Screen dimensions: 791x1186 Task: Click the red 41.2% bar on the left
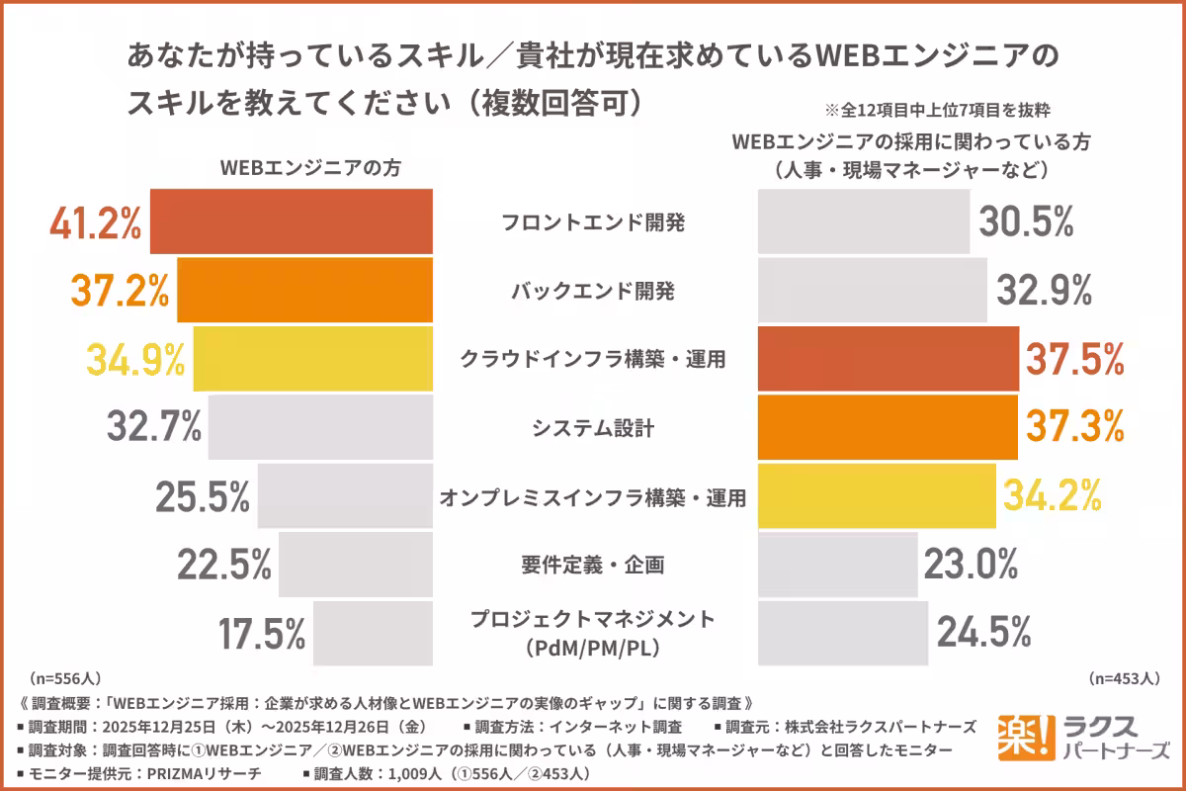click(291, 221)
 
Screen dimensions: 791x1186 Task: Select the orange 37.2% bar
click(304, 291)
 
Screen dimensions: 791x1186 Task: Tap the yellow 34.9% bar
click(312, 359)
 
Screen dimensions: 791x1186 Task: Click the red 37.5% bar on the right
click(888, 359)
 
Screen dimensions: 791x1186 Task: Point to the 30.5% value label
click(1026, 222)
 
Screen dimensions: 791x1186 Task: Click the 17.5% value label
click(261, 634)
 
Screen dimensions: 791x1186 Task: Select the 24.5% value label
click(984, 633)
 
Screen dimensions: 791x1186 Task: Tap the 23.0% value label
click(971, 565)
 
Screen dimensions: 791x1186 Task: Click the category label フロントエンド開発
click(593, 222)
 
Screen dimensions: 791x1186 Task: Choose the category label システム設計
click(593, 428)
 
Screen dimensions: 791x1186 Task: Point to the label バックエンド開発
click(593, 292)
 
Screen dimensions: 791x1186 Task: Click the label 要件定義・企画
click(593, 565)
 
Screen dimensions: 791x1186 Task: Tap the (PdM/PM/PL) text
click(593, 649)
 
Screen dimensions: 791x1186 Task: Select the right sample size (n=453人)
click(1124, 679)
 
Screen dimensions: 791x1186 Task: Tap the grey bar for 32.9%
click(872, 291)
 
